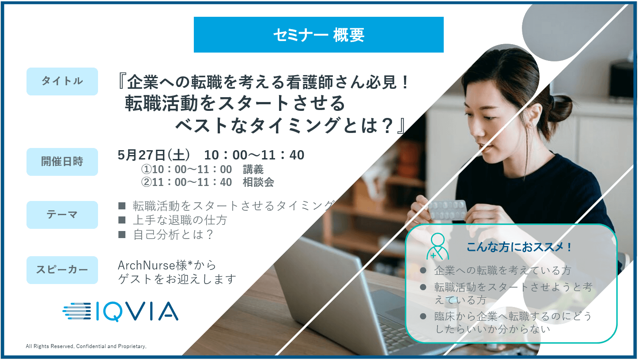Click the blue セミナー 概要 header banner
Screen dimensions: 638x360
[318, 34]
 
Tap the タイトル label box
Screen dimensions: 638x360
[62, 81]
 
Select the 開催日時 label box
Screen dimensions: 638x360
[62, 162]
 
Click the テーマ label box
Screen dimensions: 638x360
[62, 215]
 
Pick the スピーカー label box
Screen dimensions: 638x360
[62, 270]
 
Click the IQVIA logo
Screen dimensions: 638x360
[120, 311]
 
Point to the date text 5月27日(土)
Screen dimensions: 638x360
[154, 155]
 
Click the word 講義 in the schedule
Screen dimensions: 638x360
[253, 169]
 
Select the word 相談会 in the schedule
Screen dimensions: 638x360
[258, 182]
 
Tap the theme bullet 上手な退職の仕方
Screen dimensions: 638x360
[180, 220]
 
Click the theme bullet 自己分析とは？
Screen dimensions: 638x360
[173, 235]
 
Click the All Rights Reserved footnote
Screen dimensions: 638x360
[86, 346]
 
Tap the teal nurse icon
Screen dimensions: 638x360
[438, 246]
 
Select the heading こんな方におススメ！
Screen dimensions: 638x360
[519, 247]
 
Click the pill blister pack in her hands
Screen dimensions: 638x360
[447, 209]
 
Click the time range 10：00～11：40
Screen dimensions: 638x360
[254, 155]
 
